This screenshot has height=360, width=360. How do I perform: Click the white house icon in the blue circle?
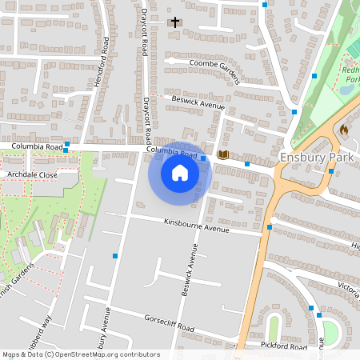point(180,173)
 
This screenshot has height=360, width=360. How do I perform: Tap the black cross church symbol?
point(174,22)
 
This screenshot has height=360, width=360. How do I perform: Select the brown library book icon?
point(223,154)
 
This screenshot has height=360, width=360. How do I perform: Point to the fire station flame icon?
point(344,129)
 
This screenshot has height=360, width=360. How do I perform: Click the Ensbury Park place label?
point(316,158)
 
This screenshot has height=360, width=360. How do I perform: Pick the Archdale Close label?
point(32,174)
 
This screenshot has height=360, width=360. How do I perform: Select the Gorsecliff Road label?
point(170,323)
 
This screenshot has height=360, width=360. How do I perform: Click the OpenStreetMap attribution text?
point(81,354)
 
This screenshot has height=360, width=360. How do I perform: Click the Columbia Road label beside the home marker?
point(171,152)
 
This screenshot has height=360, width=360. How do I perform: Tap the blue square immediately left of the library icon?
point(204,158)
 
